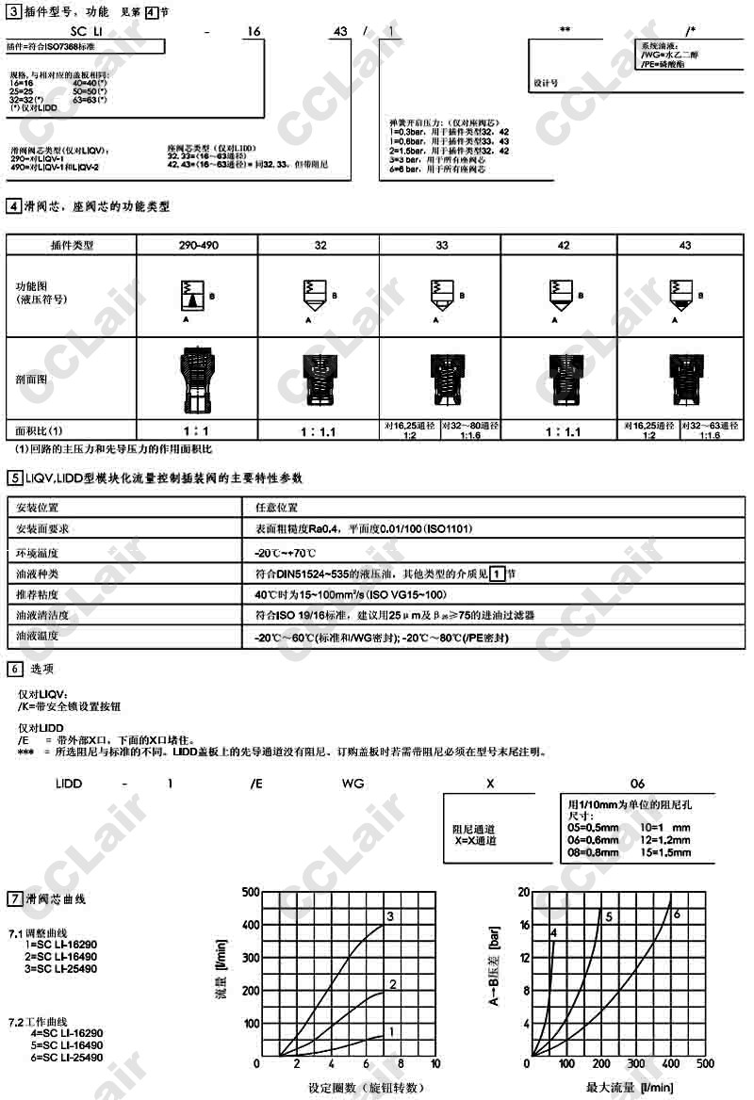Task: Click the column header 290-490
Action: click(x=198, y=245)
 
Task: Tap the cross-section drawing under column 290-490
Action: click(x=197, y=379)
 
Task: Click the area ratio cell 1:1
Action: click(x=198, y=430)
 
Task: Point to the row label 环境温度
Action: click(x=38, y=551)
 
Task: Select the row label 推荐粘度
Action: click(x=38, y=594)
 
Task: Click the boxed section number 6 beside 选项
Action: click(x=13, y=669)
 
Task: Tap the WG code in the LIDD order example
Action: click(x=352, y=783)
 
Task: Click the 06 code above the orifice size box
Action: click(x=638, y=783)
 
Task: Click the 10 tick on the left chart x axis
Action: click(x=434, y=1063)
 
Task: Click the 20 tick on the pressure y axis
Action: click(x=524, y=891)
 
